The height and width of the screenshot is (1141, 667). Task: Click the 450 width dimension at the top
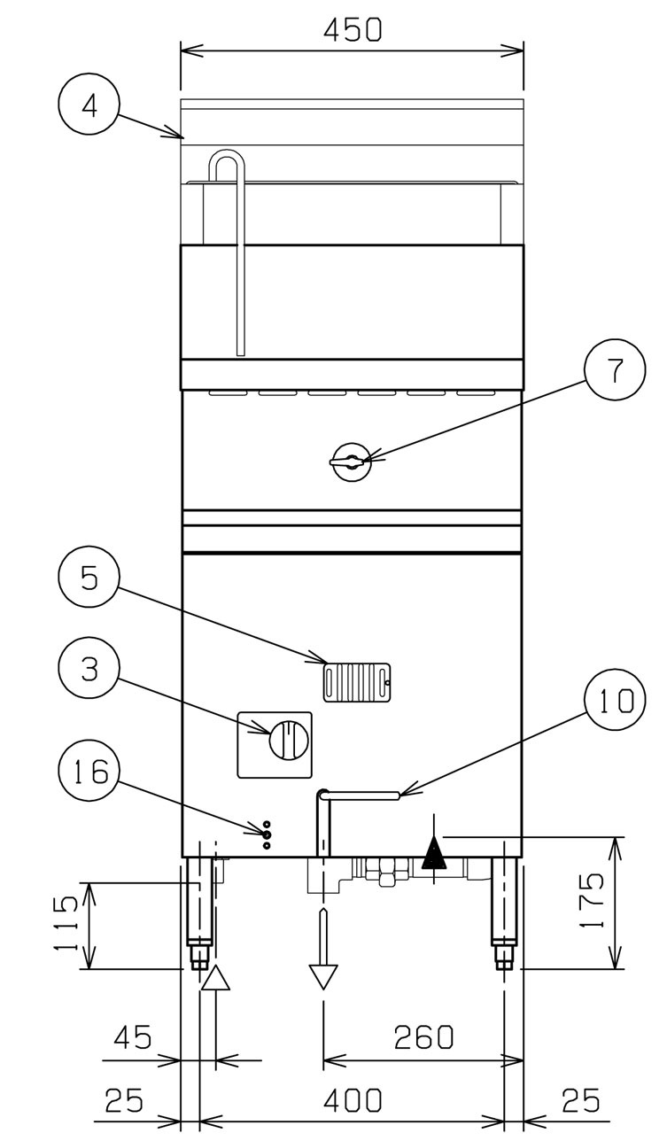353,29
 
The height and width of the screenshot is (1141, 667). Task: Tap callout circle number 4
89,105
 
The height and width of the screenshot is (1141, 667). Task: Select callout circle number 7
615,369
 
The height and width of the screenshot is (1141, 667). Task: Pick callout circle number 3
89,668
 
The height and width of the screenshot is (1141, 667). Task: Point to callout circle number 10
615,702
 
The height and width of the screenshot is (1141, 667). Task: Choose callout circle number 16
89,771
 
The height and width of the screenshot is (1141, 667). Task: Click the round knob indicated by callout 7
352,462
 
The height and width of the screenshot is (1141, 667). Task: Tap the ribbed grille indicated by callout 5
356,682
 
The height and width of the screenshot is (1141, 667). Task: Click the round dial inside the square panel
289,739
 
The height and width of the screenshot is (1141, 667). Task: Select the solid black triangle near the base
434,854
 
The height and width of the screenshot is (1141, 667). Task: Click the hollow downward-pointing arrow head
323,977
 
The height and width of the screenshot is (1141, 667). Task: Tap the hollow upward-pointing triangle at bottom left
215,978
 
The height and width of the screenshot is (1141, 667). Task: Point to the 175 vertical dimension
593,900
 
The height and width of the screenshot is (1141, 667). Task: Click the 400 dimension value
353,1098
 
